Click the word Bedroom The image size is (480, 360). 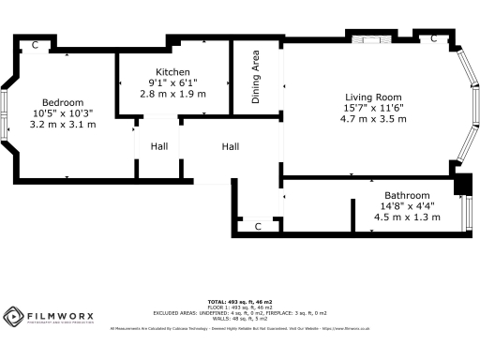pyautogui.click(x=63, y=102)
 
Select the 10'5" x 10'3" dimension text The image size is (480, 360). pyautogui.click(x=63, y=113)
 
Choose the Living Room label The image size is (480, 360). pyautogui.click(x=372, y=97)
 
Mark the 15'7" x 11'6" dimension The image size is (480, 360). pyautogui.click(x=372, y=109)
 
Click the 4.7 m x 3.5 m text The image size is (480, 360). pyautogui.click(x=372, y=120)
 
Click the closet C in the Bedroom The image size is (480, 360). pyautogui.click(x=35, y=45)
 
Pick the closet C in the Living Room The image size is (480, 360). pyautogui.click(x=433, y=39)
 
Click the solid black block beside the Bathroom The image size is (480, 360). pyautogui.click(x=460, y=185)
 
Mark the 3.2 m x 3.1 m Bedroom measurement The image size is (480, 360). pyautogui.click(x=63, y=125)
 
